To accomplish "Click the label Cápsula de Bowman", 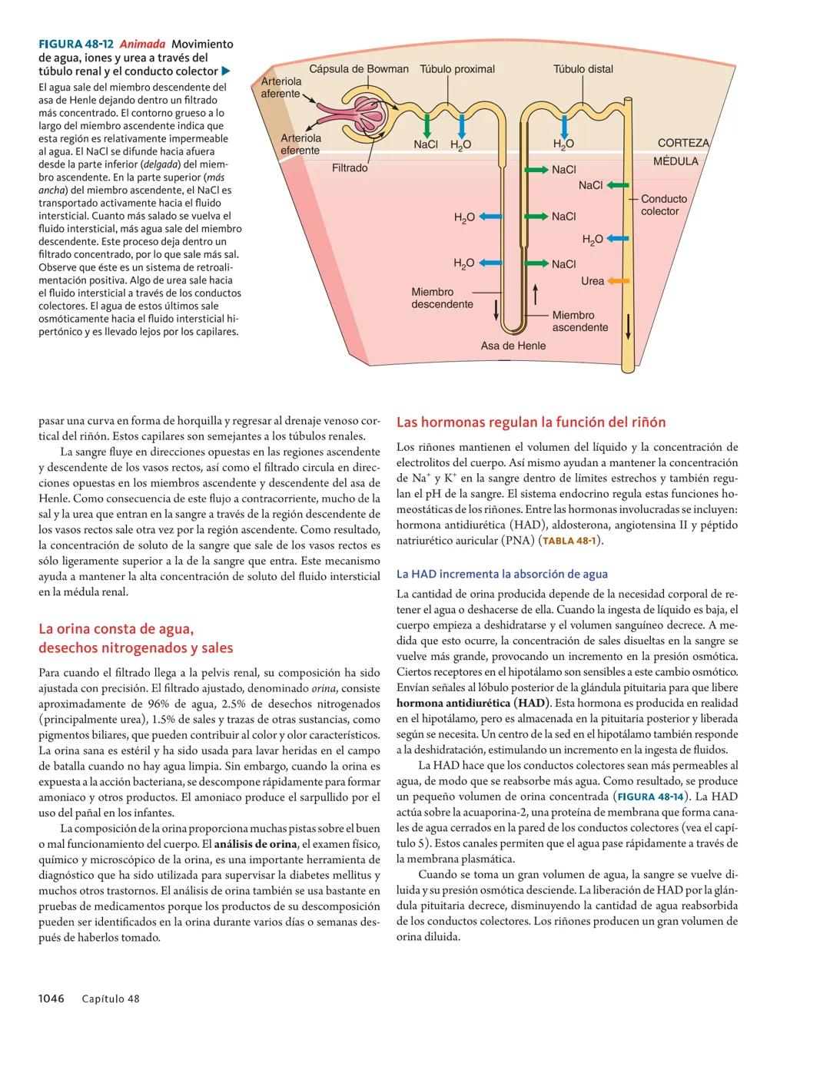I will tap(358, 69).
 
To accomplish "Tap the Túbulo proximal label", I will tap(457, 69).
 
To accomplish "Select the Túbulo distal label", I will tap(583, 69).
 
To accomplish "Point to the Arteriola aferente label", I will tap(281, 88).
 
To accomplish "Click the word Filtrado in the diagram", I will tap(350, 167).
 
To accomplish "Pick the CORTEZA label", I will tap(684, 144).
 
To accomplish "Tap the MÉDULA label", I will tap(676, 161).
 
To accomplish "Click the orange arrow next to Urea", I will tap(619, 281).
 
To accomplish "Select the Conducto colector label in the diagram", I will tap(664, 205).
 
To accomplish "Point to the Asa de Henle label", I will tap(513, 346).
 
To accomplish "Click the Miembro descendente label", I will tap(442, 298).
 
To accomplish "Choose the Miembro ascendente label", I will tap(579, 321).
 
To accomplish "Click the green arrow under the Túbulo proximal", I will tap(427, 125).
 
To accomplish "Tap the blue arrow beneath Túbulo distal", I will tap(564, 125).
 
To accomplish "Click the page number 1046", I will tap(51, 998).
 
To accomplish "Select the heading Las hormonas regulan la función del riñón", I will tap(530, 422).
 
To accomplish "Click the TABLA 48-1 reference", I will tap(569, 541).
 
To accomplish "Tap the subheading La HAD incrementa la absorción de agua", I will tap(502, 574).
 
